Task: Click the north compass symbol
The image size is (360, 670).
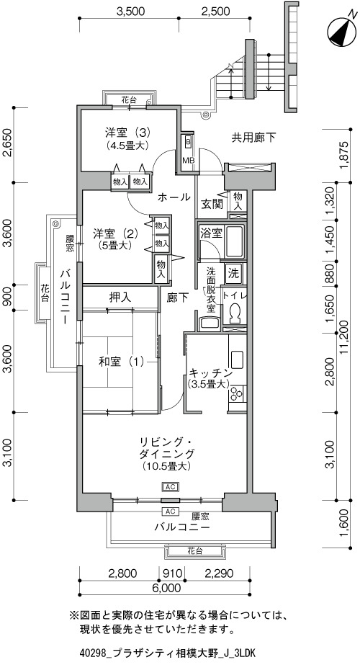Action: point(342,31)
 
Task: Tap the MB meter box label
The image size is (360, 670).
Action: point(189,160)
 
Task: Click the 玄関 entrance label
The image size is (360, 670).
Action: point(212,205)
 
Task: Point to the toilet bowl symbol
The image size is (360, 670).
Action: point(234,313)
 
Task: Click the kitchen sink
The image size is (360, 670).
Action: point(237,359)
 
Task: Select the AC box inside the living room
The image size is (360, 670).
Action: point(170,487)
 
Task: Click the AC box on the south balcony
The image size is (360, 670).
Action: point(170,512)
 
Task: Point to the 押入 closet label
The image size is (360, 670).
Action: point(120,297)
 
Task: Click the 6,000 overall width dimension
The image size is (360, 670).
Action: point(166,589)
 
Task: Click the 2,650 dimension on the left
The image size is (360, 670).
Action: point(8,144)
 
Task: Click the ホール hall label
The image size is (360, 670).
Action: point(174,197)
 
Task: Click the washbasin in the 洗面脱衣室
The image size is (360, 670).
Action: point(210,323)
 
